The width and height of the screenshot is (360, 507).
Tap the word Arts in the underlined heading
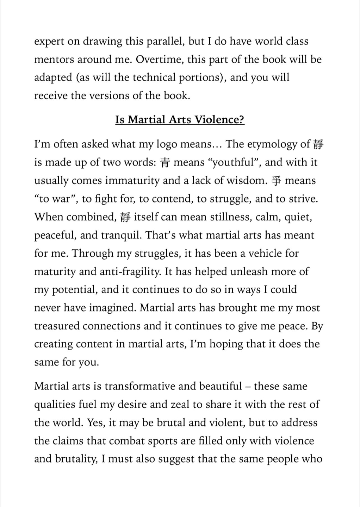click(180, 120)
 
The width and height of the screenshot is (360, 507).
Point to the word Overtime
click(160, 60)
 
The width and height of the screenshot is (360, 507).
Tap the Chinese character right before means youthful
click(165, 163)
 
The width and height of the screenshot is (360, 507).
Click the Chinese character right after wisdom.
click(276, 181)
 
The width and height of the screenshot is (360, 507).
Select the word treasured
click(57, 326)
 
